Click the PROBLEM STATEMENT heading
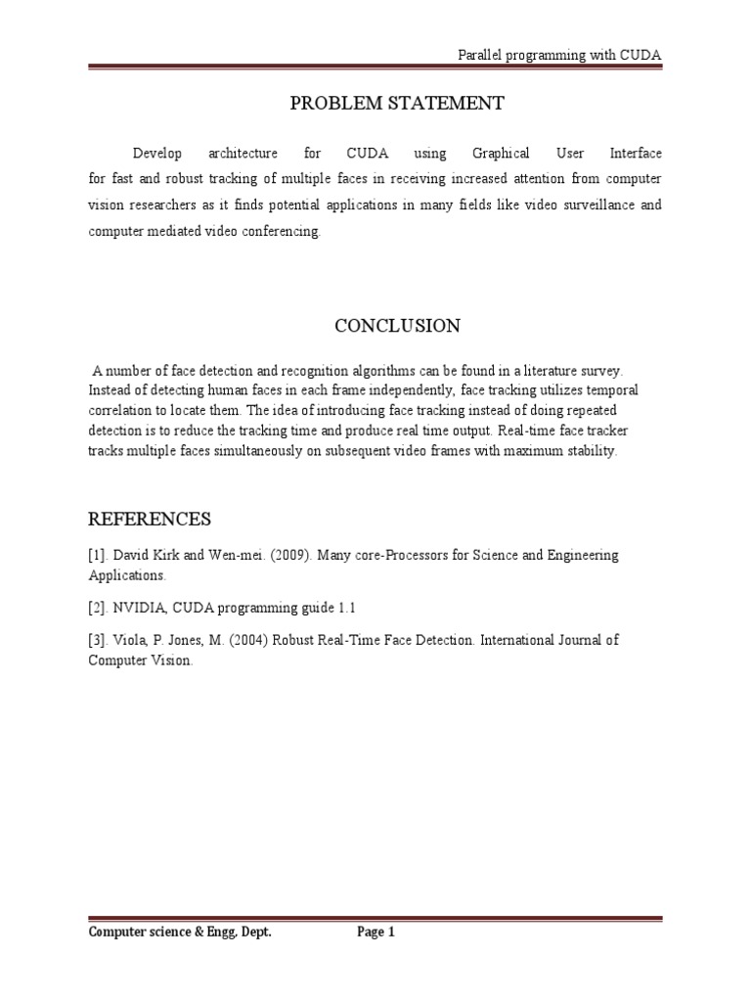click(x=396, y=104)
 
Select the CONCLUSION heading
click(x=396, y=327)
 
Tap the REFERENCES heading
click(x=149, y=519)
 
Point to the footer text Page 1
click(x=375, y=933)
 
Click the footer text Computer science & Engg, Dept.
click(x=180, y=933)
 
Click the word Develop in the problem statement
click(x=157, y=154)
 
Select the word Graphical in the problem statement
click(x=501, y=154)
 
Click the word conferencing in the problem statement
click(x=279, y=232)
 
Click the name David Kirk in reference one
click(x=145, y=556)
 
